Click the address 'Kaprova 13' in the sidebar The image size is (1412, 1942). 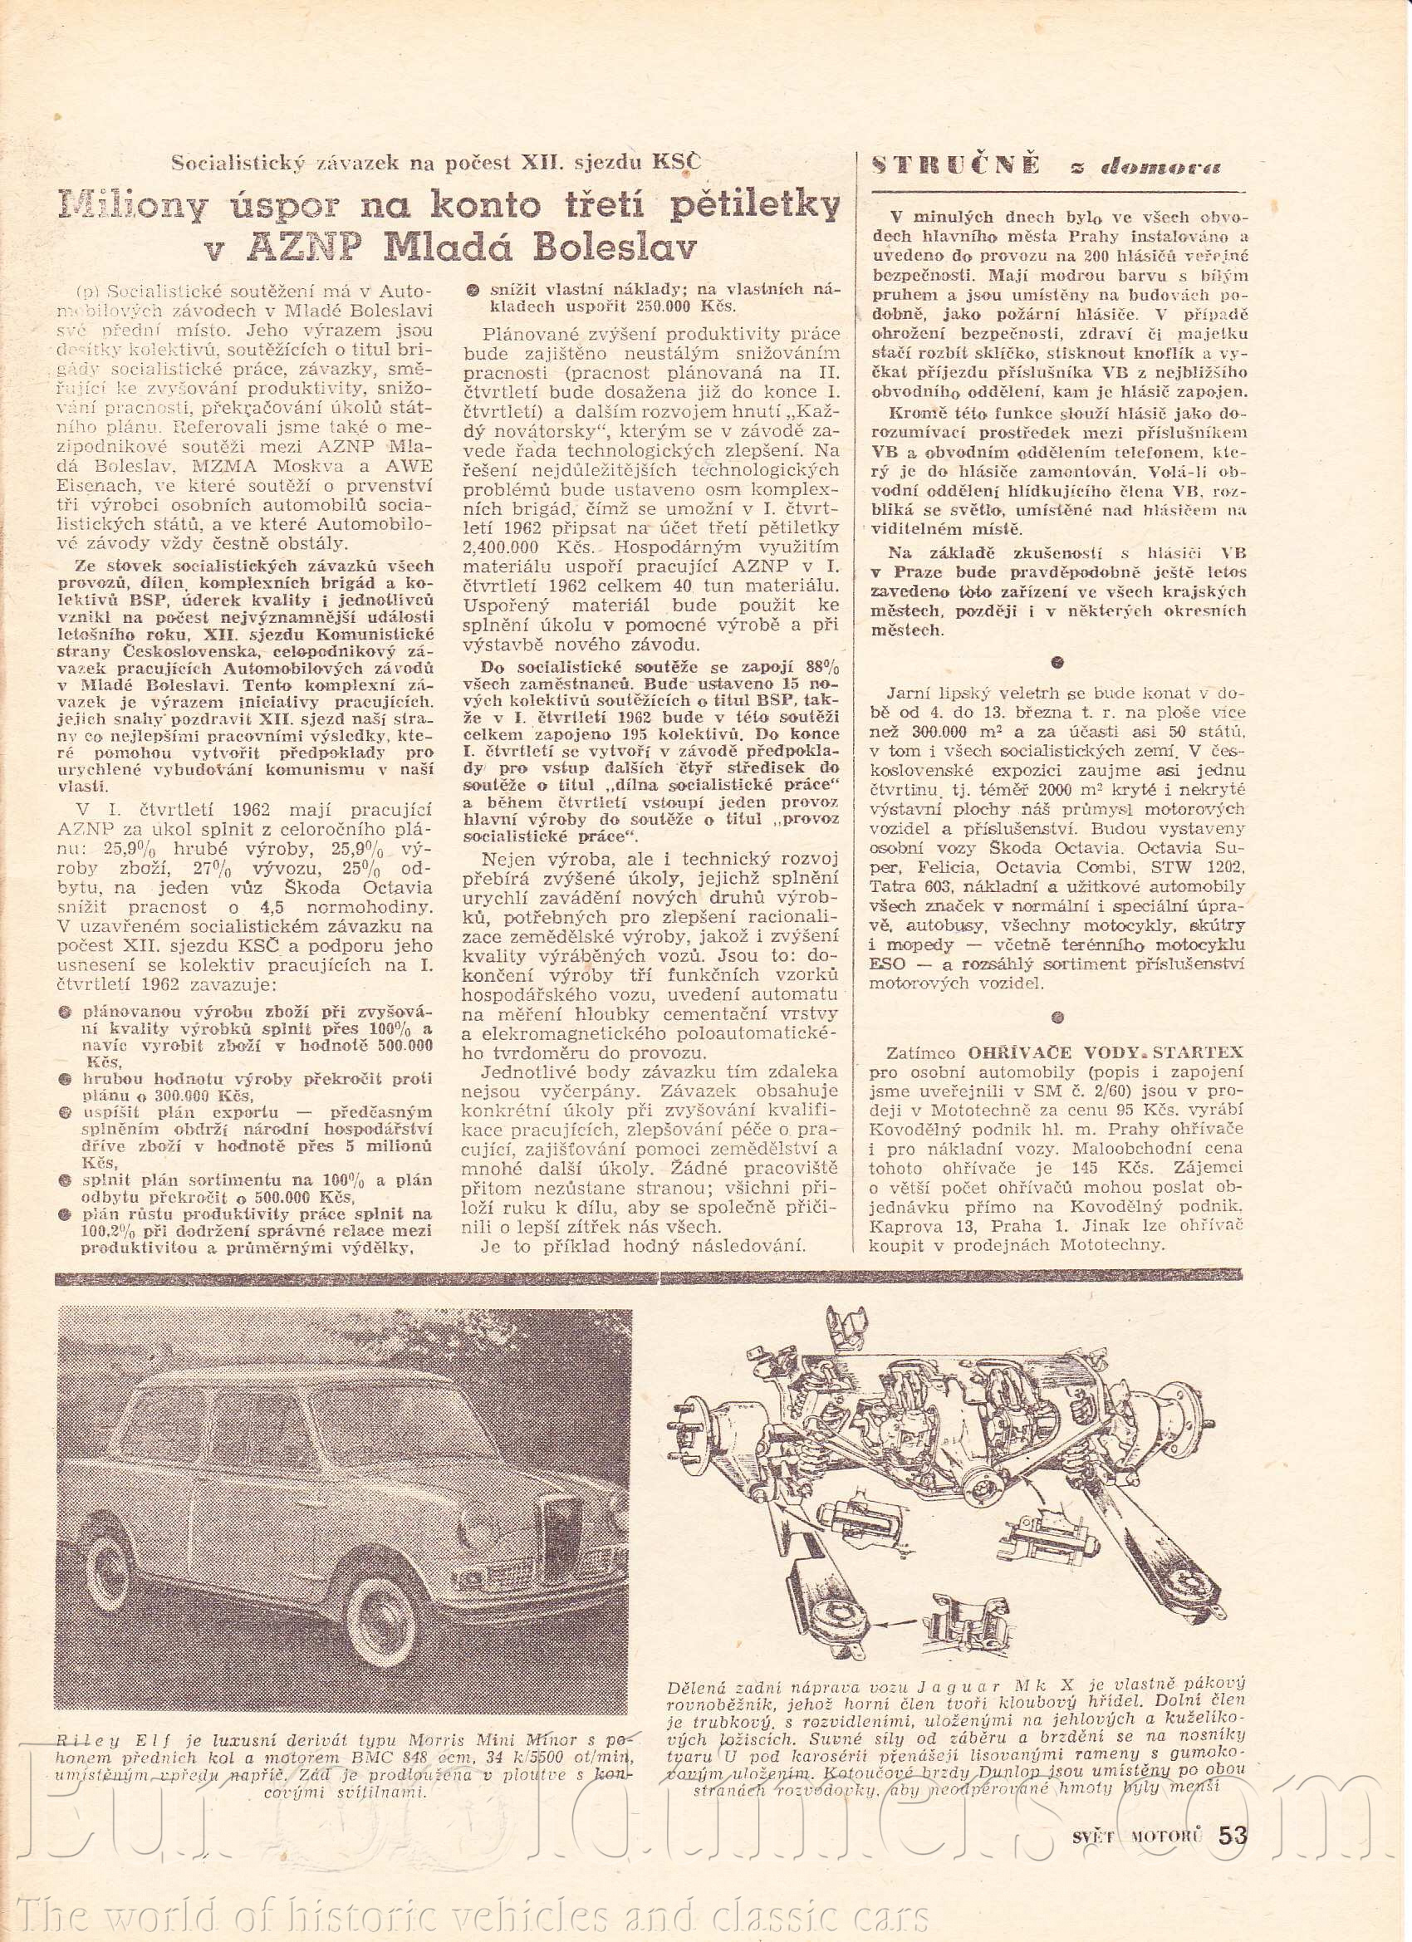[913, 1225]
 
